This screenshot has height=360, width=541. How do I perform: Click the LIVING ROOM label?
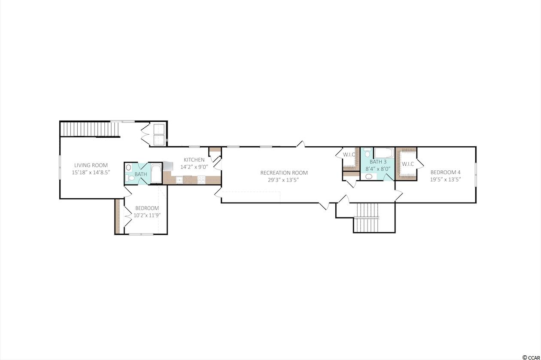[x=91, y=165]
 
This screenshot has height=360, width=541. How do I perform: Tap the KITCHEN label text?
[x=194, y=160]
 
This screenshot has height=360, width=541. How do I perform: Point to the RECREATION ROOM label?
[x=284, y=173]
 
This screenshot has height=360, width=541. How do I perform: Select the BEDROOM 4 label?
[x=445, y=172]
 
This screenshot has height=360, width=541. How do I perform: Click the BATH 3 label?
[x=378, y=162]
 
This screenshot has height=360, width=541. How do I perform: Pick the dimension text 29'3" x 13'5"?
[x=283, y=180]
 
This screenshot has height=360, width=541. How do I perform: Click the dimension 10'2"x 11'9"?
[x=147, y=215]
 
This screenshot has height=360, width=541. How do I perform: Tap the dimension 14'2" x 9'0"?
[x=194, y=167]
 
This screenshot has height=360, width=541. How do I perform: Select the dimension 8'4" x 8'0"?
[x=378, y=169]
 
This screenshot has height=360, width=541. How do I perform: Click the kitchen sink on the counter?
[x=179, y=180]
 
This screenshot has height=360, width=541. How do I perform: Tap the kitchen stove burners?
[x=201, y=180]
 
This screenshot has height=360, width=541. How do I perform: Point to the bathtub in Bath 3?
[x=384, y=153]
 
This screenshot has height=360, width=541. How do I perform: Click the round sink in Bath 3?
[x=368, y=177]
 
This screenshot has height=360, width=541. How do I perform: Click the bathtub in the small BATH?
[x=156, y=173]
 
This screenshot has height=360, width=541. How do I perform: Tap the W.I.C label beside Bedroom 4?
[x=408, y=164]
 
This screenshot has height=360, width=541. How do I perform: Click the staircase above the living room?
[x=90, y=129]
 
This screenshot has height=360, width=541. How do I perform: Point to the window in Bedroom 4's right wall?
[x=476, y=175]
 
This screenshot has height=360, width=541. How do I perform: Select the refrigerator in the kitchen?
[x=168, y=166]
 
